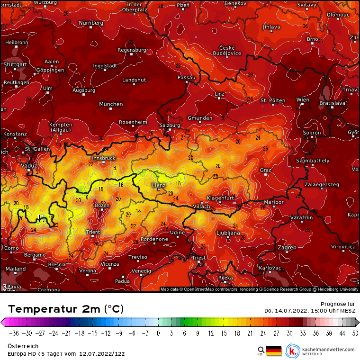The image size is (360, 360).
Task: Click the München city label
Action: click(111, 104)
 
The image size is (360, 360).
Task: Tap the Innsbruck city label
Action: click(103, 158)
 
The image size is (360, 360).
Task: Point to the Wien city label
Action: click(303, 100)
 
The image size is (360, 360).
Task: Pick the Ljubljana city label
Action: click(228, 233)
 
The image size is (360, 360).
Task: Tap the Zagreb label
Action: click(287, 247)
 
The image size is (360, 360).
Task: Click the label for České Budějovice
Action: click(231, 51)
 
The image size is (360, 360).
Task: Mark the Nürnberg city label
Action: click(91, 23)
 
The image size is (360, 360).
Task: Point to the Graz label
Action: click(265, 170)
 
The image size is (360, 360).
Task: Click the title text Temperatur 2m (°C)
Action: click(66, 309)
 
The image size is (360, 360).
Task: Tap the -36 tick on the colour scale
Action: click(14, 333)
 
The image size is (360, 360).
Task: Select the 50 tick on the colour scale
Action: click(355, 333)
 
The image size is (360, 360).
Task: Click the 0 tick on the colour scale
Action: click(158, 333)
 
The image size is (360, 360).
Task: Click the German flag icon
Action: click(274, 351)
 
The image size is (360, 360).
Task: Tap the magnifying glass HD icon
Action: click(261, 351)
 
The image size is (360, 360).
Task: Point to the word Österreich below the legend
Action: click(23, 346)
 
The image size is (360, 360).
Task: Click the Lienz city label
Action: click(158, 185)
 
